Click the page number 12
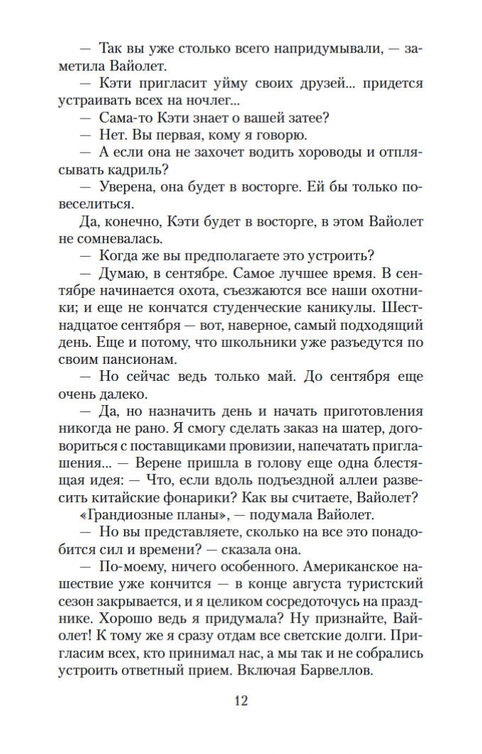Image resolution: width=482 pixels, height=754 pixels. pyautogui.click(x=240, y=701)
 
